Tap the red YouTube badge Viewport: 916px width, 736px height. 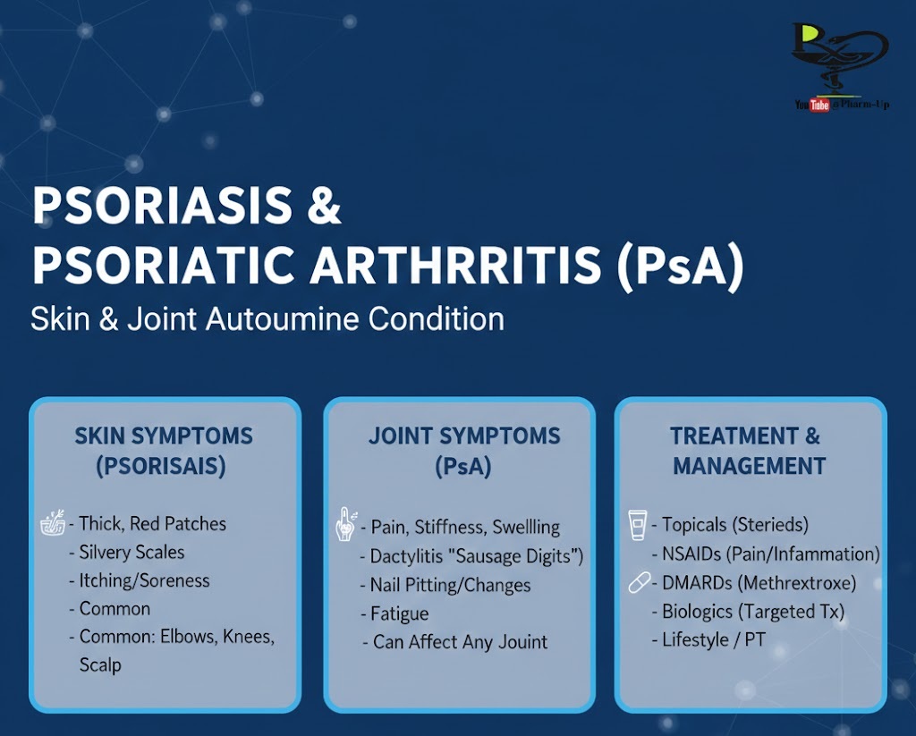tap(819, 106)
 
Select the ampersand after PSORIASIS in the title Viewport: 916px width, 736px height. tap(324, 205)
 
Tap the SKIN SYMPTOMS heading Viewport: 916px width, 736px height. tap(164, 436)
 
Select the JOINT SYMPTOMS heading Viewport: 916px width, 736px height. tap(464, 436)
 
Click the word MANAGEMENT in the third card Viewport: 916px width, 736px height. tap(750, 466)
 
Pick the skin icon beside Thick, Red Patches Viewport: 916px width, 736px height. tap(53, 523)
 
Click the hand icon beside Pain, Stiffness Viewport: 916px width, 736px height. tap(346, 524)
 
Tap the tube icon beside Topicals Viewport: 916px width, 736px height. tap(637, 525)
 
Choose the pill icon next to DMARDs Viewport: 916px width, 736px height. tap(639, 582)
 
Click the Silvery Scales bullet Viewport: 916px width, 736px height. tap(127, 552)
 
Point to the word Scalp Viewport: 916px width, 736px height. tap(100, 665)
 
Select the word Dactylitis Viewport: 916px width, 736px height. tap(407, 556)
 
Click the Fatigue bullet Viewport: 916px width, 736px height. tap(394, 613)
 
